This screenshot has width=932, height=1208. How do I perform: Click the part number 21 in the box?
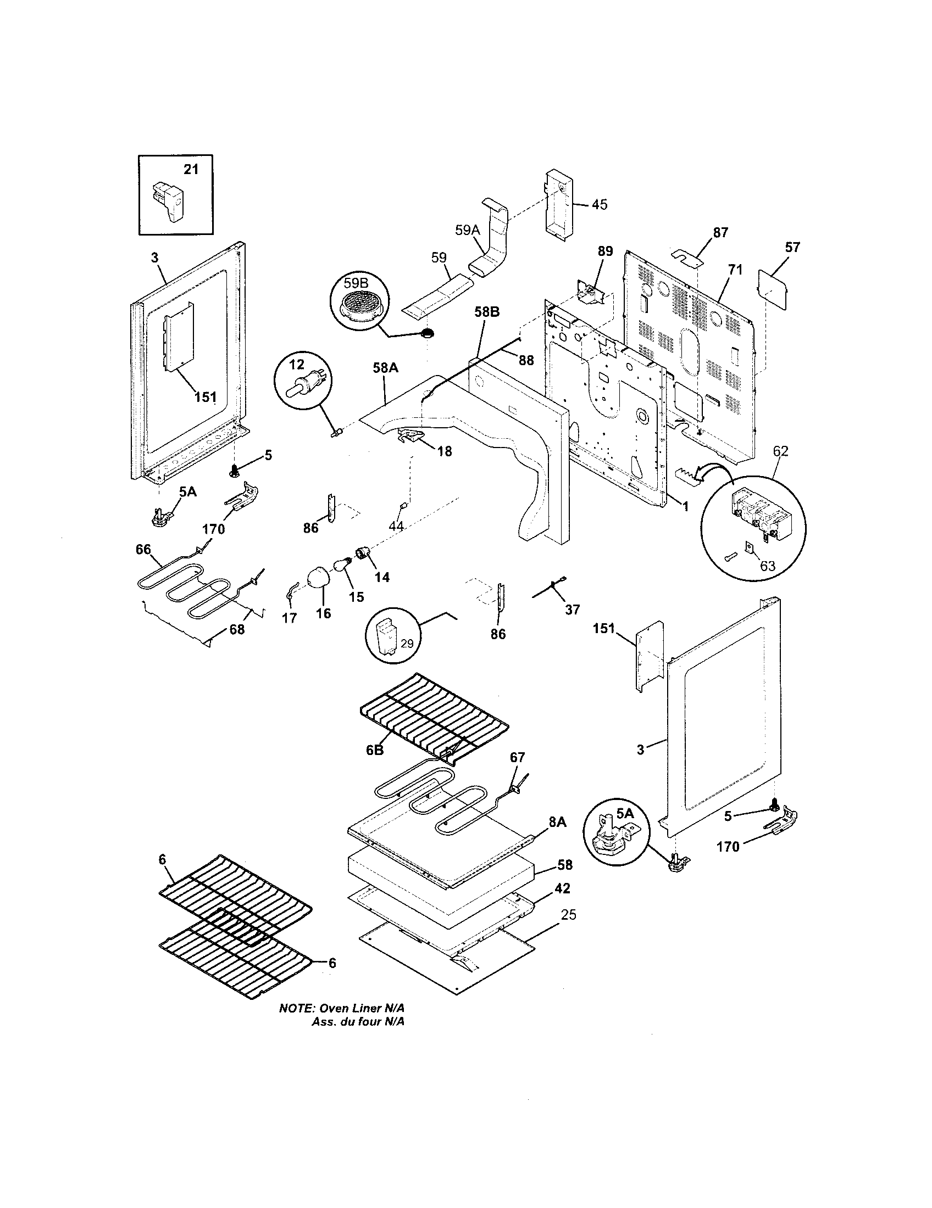coord(191,169)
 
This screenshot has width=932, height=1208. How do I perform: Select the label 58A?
coord(385,368)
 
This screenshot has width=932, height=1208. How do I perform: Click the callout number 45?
coord(599,205)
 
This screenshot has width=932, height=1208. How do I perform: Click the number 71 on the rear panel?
coord(734,270)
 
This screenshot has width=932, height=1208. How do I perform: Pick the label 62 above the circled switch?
coord(780,451)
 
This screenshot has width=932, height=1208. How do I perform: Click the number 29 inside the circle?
coord(407,644)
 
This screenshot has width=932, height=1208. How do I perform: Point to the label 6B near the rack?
coord(375,750)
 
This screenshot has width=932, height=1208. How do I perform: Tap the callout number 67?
coord(517,757)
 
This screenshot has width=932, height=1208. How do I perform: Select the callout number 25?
coord(568,915)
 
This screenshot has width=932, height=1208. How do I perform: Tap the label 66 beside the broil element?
coord(143,549)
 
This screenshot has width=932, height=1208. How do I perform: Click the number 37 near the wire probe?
coord(572,609)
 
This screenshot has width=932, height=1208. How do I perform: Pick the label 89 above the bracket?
coord(605,251)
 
